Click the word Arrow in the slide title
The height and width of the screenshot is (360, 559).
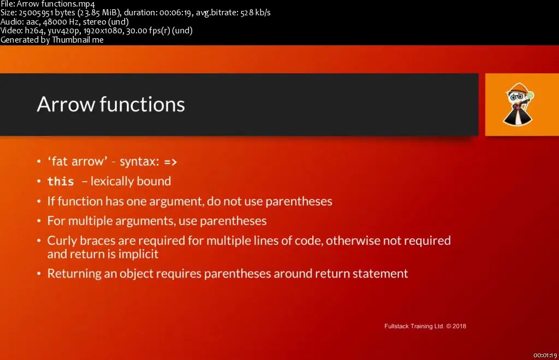(66, 104)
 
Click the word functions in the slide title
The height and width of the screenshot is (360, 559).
(142, 104)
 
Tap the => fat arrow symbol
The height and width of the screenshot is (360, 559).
(170, 162)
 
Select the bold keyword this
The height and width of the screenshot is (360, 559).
(61, 181)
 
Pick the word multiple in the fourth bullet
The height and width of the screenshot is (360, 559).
(90, 221)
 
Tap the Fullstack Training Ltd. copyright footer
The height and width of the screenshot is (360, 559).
(425, 326)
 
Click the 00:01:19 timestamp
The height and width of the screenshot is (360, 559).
(545, 356)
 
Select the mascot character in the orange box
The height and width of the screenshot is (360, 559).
(519, 104)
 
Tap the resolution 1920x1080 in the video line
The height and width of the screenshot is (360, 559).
(103, 31)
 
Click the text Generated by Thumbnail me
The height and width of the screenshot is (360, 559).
(52, 39)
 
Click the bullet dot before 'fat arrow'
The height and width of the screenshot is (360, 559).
(39, 162)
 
